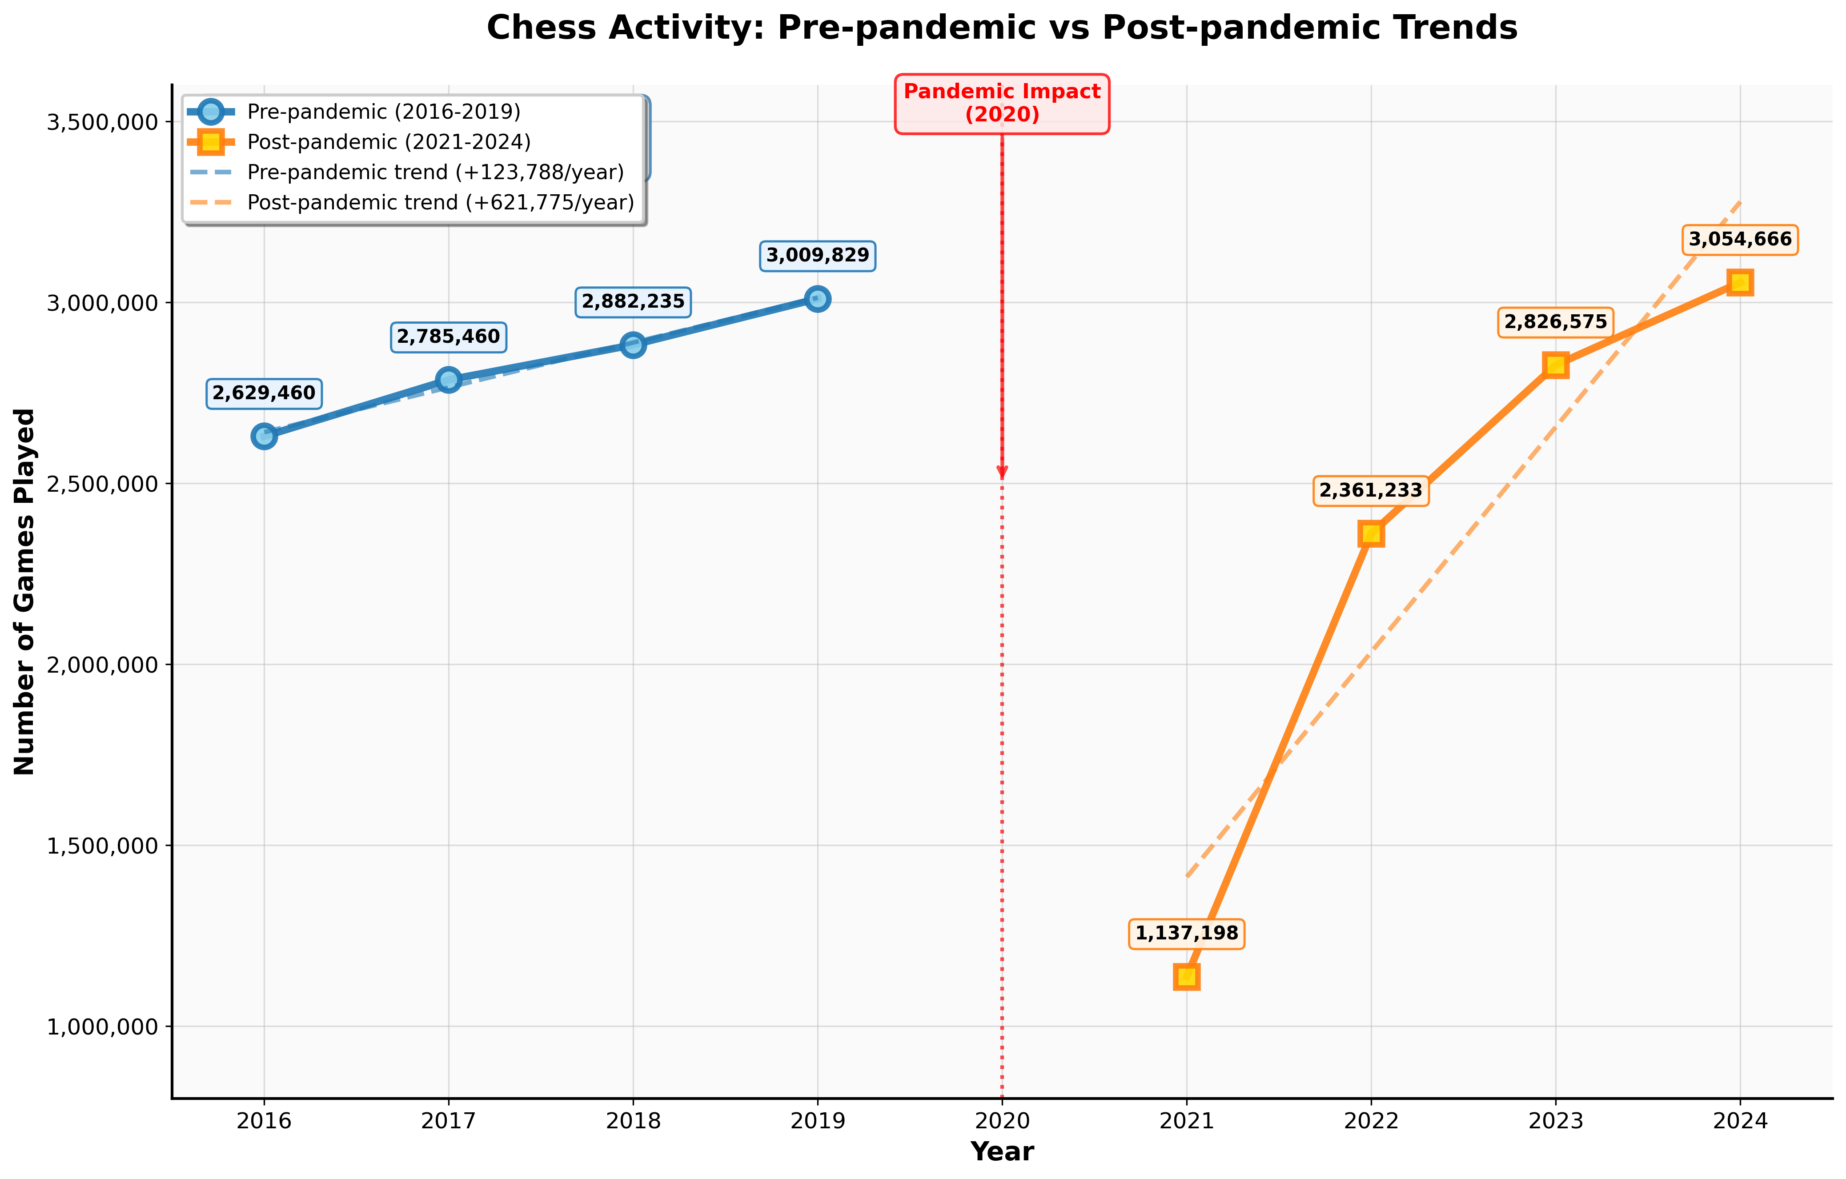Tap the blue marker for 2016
pyautogui.click(x=264, y=436)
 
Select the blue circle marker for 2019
pyautogui.click(x=817, y=299)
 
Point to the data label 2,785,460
pyautogui.click(x=449, y=337)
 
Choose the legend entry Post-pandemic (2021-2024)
pyautogui.click(x=389, y=142)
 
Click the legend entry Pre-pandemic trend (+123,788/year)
pyautogui.click(x=435, y=172)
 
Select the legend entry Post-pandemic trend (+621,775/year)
pyautogui.click(x=441, y=202)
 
